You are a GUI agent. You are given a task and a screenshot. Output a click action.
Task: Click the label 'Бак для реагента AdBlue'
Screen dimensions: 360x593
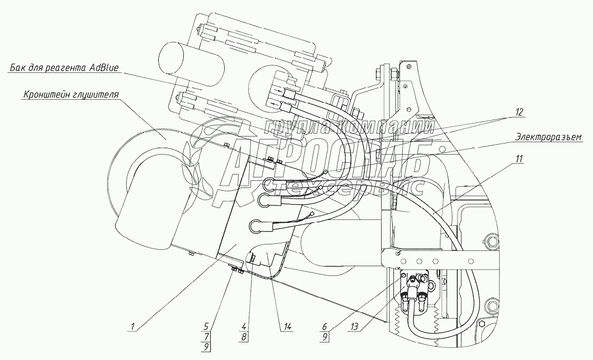64,68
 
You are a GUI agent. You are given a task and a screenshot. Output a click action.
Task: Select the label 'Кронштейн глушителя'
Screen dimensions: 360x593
71,94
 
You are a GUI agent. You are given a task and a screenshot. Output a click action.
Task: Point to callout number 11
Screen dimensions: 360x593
519,158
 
